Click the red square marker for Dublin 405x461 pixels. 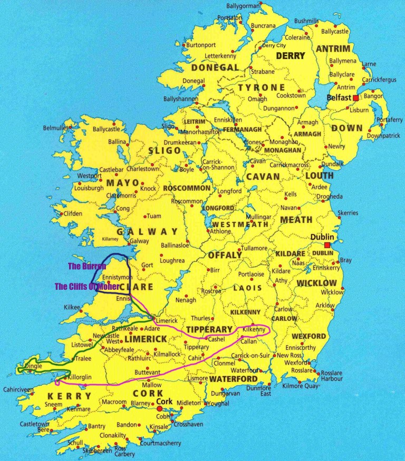(328, 245)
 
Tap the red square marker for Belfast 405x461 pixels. (356, 98)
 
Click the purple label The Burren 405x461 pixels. (86, 267)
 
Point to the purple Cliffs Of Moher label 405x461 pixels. (88, 287)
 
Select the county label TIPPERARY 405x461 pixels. (209, 329)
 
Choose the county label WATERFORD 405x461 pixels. (233, 379)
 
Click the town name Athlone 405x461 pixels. (220, 231)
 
